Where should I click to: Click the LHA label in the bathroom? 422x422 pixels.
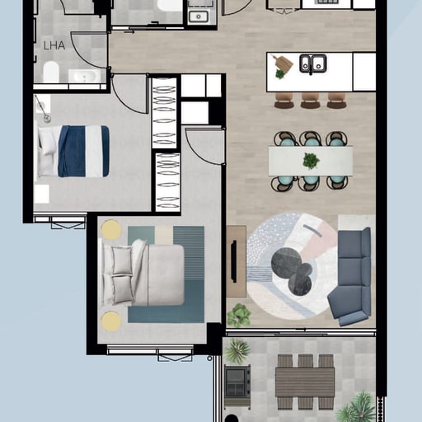pyautogui.click(x=54, y=45)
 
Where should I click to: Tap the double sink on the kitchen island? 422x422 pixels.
pyautogui.click(x=313, y=63)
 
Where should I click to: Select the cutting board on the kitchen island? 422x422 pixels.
pyautogui.click(x=283, y=63)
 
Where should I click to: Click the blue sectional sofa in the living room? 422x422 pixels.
pyautogui.click(x=349, y=276)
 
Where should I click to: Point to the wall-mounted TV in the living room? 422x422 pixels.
pyautogui.click(x=234, y=261)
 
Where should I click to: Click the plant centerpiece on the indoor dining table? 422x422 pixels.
pyautogui.click(x=311, y=161)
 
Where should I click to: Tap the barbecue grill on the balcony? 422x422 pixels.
pyautogui.click(x=237, y=383)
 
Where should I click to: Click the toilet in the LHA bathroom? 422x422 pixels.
pyautogui.click(x=51, y=72)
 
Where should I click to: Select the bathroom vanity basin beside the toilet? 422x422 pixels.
pyautogui.click(x=84, y=76)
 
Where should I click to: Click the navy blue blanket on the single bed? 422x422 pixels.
pyautogui.click(x=83, y=152)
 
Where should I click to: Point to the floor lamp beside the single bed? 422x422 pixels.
pyautogui.click(x=43, y=109)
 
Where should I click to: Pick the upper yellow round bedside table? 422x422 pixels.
pyautogui.click(x=110, y=229)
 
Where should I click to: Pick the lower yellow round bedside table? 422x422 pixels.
pyautogui.click(x=111, y=321)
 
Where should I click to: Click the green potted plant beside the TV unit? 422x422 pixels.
pyautogui.click(x=239, y=315)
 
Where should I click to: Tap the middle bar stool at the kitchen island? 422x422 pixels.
pyautogui.click(x=310, y=101)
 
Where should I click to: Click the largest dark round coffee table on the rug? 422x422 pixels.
pyautogui.click(x=286, y=262)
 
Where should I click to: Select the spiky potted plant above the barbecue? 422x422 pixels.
pyautogui.click(x=237, y=350)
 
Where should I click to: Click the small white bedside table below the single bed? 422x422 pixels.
pyautogui.click(x=41, y=194)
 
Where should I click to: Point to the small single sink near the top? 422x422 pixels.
pyautogui.click(x=199, y=16)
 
